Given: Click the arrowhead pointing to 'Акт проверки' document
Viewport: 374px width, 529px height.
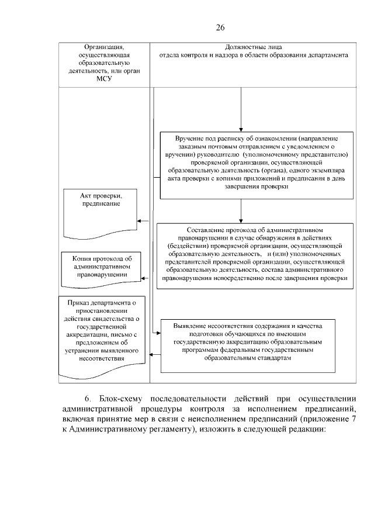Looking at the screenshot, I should pos(139,221).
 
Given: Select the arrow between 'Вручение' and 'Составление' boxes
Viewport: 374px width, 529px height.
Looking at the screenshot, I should pos(240,212).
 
